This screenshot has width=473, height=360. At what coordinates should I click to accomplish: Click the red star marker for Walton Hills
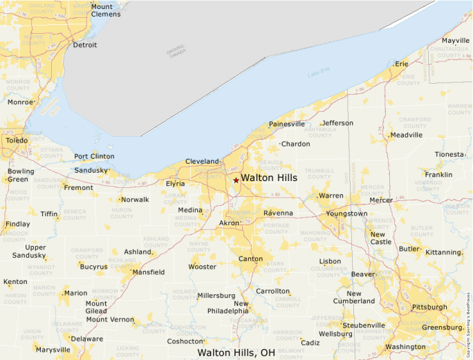[236, 180]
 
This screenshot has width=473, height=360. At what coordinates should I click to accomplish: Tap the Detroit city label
[85, 45]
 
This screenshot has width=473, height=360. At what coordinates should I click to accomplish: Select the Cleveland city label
[202, 162]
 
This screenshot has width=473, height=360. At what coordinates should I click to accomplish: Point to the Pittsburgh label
[429, 307]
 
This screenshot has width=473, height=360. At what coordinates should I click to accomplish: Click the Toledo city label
[17, 140]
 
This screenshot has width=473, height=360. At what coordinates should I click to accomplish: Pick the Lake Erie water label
[318, 73]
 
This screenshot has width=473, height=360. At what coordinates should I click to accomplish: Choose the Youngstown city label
[346, 214]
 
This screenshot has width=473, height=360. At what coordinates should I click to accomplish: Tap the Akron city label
[228, 224]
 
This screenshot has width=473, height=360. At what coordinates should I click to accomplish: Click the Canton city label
[250, 259]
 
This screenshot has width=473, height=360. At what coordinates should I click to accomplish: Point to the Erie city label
[402, 64]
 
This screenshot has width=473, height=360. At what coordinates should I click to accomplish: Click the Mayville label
[456, 41]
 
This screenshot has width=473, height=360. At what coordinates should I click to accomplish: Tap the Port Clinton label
[94, 156]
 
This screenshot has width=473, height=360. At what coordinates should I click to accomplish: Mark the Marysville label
[53, 350]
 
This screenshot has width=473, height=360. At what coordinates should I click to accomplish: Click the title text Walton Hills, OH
[236, 352]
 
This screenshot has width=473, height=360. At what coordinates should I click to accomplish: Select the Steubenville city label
[364, 325]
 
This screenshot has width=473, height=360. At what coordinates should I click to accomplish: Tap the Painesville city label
[286, 124]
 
